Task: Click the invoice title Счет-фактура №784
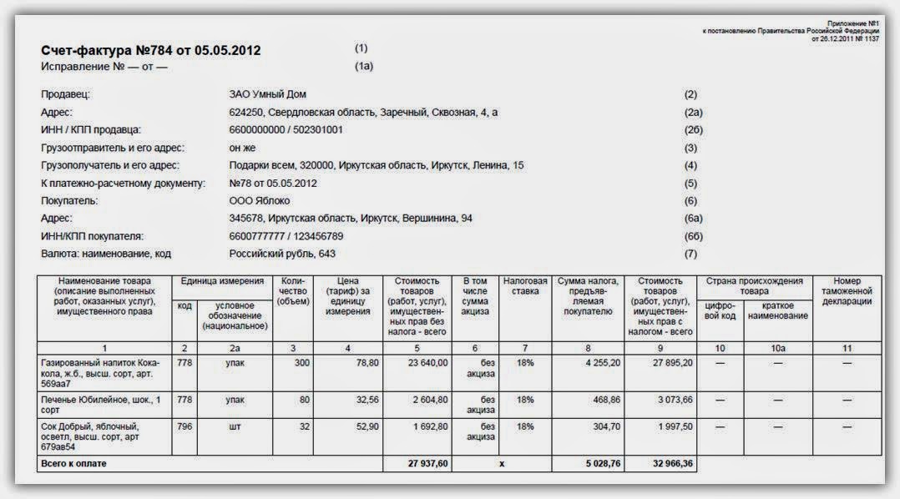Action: point(150,50)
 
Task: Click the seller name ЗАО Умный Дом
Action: point(267,95)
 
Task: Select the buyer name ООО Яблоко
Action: point(260,200)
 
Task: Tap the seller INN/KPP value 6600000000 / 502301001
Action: point(286,130)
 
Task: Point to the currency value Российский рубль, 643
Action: point(282,254)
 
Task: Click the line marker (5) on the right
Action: point(690,183)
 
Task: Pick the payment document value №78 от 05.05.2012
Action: point(273,183)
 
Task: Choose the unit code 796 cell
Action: point(184,427)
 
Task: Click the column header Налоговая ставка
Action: point(525,287)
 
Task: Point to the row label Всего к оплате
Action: point(74,463)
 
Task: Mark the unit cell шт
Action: point(235,427)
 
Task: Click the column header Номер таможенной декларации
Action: point(847,291)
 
